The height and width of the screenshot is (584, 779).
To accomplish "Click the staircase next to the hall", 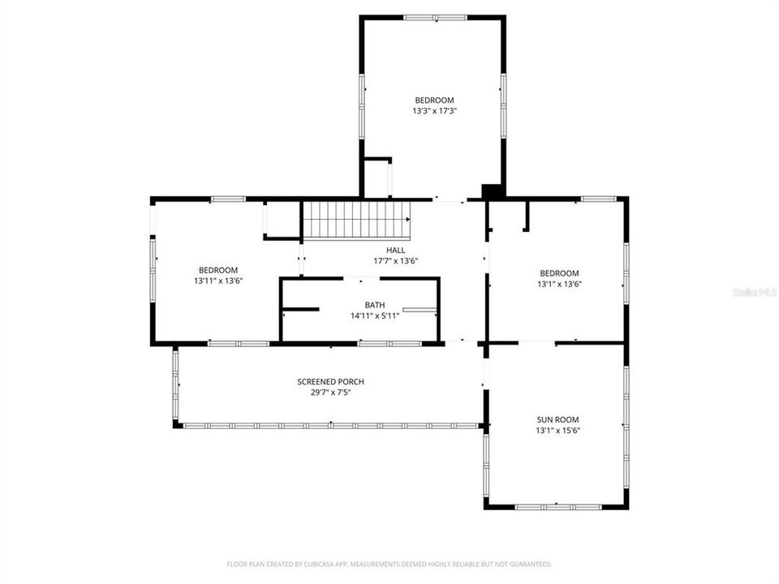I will click(x=356, y=220).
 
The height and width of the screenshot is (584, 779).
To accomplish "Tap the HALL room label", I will click(x=395, y=251).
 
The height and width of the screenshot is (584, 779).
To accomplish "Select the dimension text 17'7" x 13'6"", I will click(x=395, y=261).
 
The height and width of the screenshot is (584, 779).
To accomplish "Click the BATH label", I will click(x=374, y=305).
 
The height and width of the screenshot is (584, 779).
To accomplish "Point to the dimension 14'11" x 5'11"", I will click(x=374, y=316).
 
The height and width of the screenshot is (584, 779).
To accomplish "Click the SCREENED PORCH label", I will click(x=330, y=381).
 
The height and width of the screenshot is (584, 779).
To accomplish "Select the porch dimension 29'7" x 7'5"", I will click(x=330, y=392).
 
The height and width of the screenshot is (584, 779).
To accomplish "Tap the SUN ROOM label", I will click(x=557, y=419).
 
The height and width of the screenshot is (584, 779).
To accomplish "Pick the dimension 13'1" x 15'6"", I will click(x=557, y=430).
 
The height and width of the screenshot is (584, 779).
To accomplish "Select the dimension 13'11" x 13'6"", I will click(x=218, y=281).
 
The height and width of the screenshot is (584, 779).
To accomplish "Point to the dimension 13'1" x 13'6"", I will click(x=559, y=284).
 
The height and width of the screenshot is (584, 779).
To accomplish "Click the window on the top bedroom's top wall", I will click(x=435, y=17).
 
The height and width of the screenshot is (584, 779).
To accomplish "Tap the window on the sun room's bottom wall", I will click(x=557, y=507).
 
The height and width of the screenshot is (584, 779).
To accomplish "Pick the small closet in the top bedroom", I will click(x=377, y=178).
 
